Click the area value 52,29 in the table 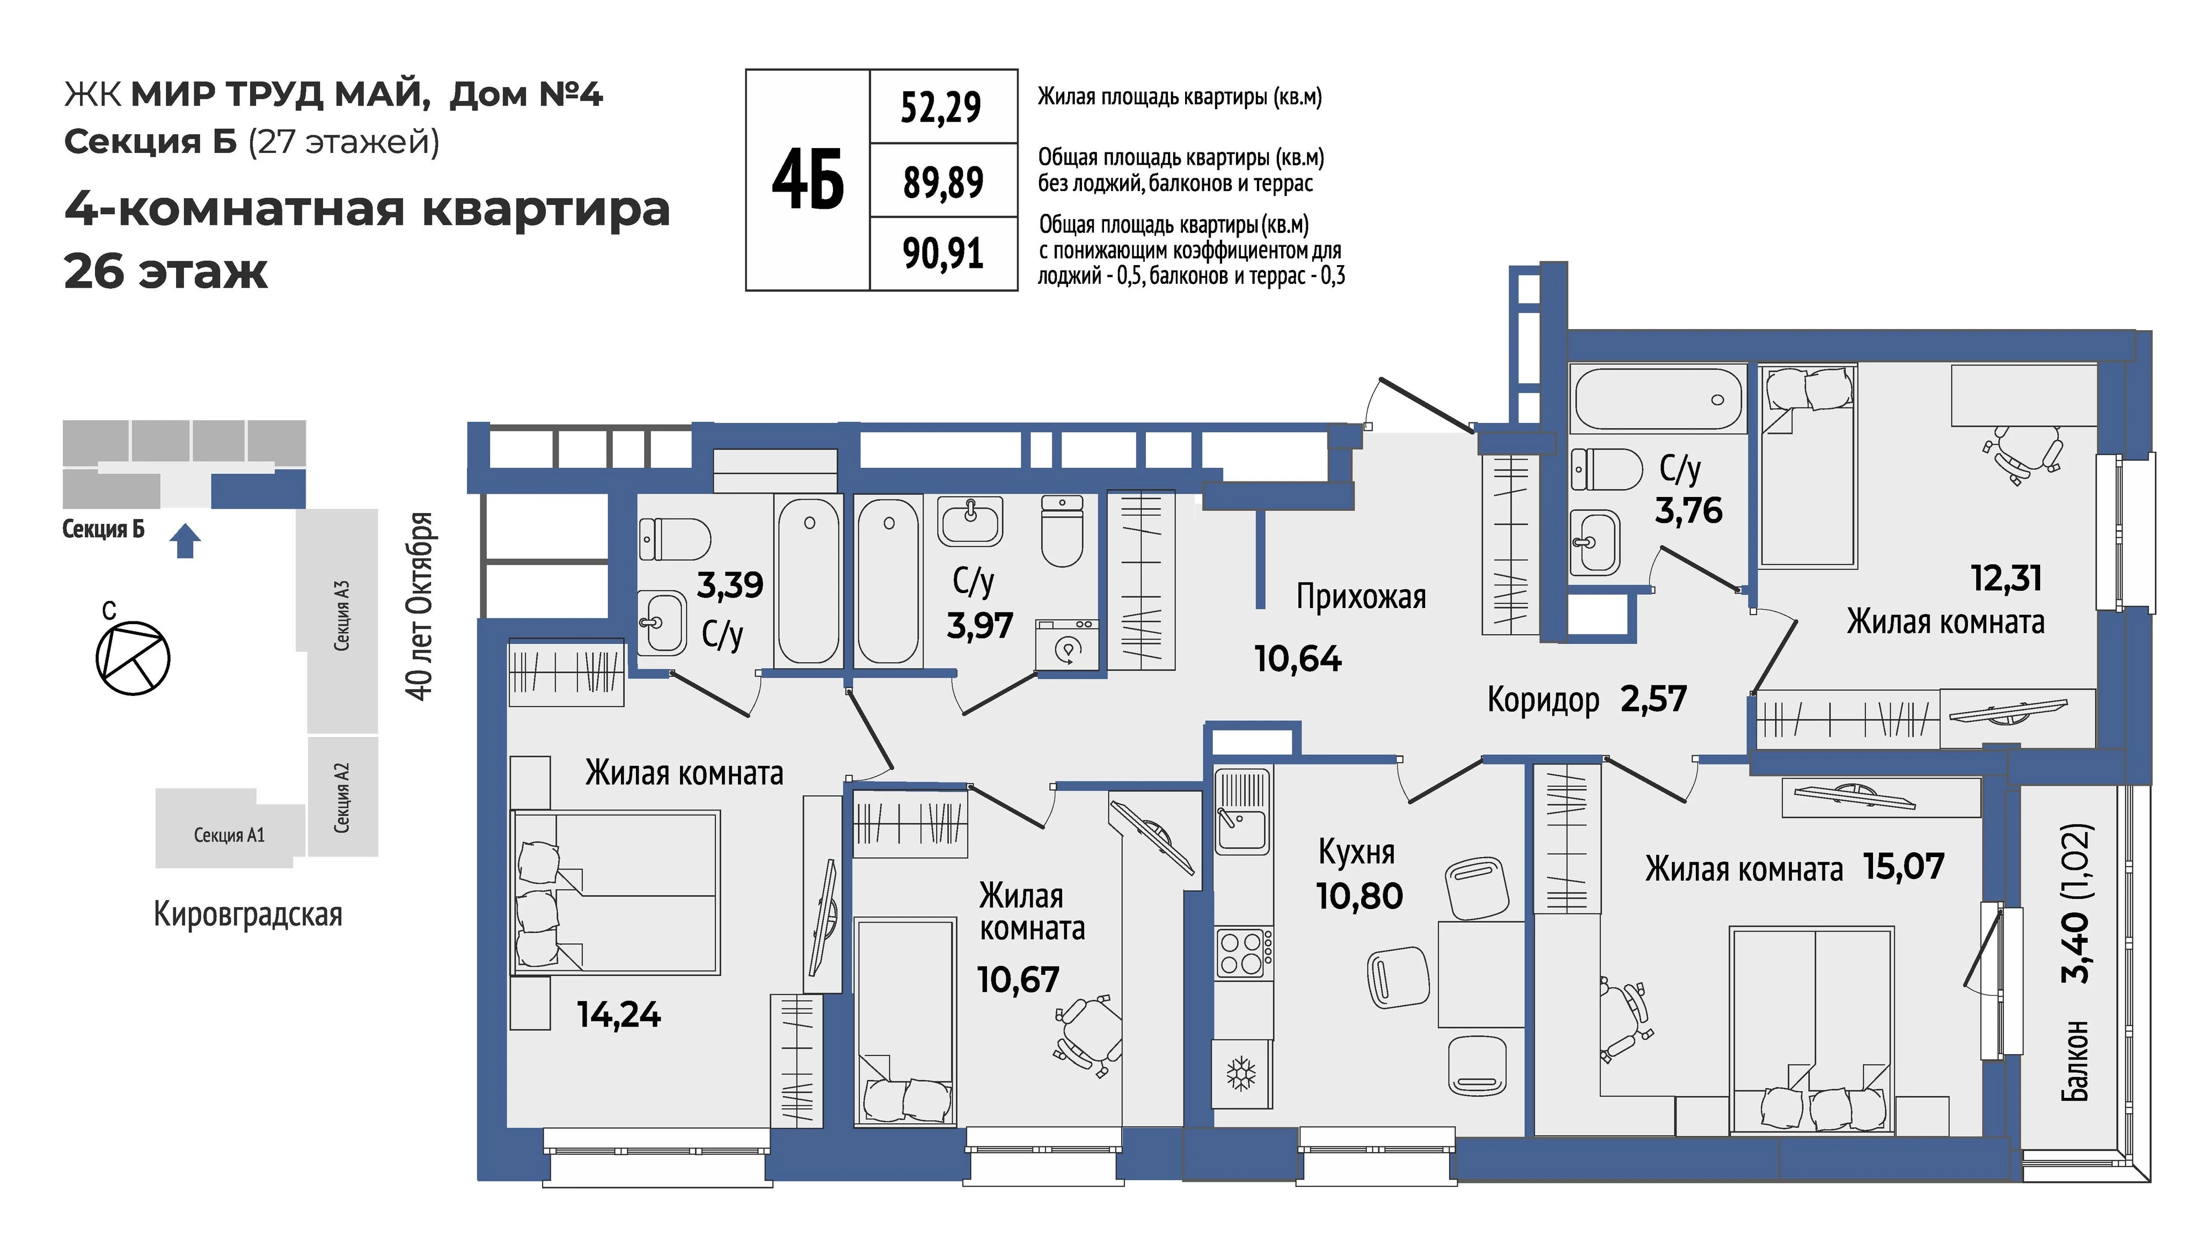tap(941, 107)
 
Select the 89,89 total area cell tap(943, 182)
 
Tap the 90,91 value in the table tap(943, 253)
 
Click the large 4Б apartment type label tap(808, 179)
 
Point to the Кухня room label tap(1356, 852)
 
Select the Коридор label tap(1543, 700)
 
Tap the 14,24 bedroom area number tap(619, 1015)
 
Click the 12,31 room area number tap(2007, 579)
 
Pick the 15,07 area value tap(1904, 866)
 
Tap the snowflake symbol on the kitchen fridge tap(1241, 1074)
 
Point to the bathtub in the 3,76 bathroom tap(1658, 399)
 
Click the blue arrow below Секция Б tap(185, 541)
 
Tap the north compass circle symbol tap(133, 658)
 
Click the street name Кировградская tap(248, 914)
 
